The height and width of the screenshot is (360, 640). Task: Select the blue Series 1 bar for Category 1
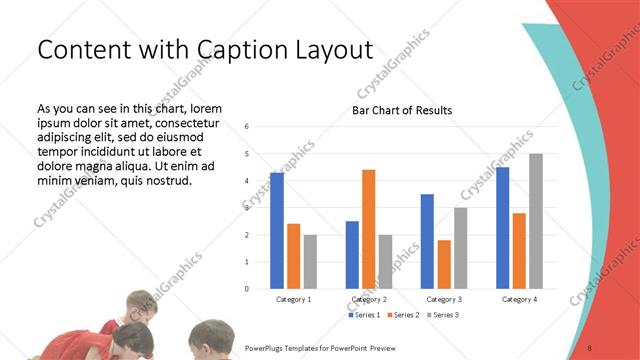click(x=277, y=230)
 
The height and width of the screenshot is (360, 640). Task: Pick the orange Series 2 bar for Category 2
click(x=368, y=229)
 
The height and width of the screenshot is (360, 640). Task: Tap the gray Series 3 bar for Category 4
click(x=536, y=221)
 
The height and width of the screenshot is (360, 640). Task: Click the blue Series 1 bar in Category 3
click(x=427, y=241)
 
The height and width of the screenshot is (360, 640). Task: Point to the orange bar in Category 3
click(x=444, y=264)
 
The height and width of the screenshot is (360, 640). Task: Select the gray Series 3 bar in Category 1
click(x=310, y=262)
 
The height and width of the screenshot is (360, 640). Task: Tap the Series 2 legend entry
click(x=403, y=315)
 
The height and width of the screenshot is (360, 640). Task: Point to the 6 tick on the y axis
click(x=247, y=127)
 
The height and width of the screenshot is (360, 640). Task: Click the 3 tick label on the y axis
click(x=247, y=208)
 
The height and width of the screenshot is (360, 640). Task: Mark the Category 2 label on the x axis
click(x=368, y=299)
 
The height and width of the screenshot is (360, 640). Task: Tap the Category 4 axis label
click(x=519, y=299)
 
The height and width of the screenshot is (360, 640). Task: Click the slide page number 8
click(x=589, y=347)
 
